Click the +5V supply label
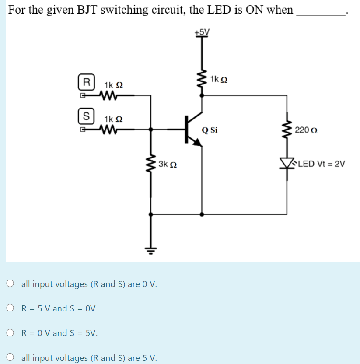[202, 32]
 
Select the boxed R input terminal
[87, 82]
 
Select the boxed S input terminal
[87, 117]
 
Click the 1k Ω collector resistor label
[218, 79]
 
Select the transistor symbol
[192, 129]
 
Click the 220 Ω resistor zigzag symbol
[288, 130]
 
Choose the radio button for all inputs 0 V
[10, 284]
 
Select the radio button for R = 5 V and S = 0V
[10, 308]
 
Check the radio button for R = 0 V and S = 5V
[10, 333]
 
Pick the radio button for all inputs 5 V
[10, 357]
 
